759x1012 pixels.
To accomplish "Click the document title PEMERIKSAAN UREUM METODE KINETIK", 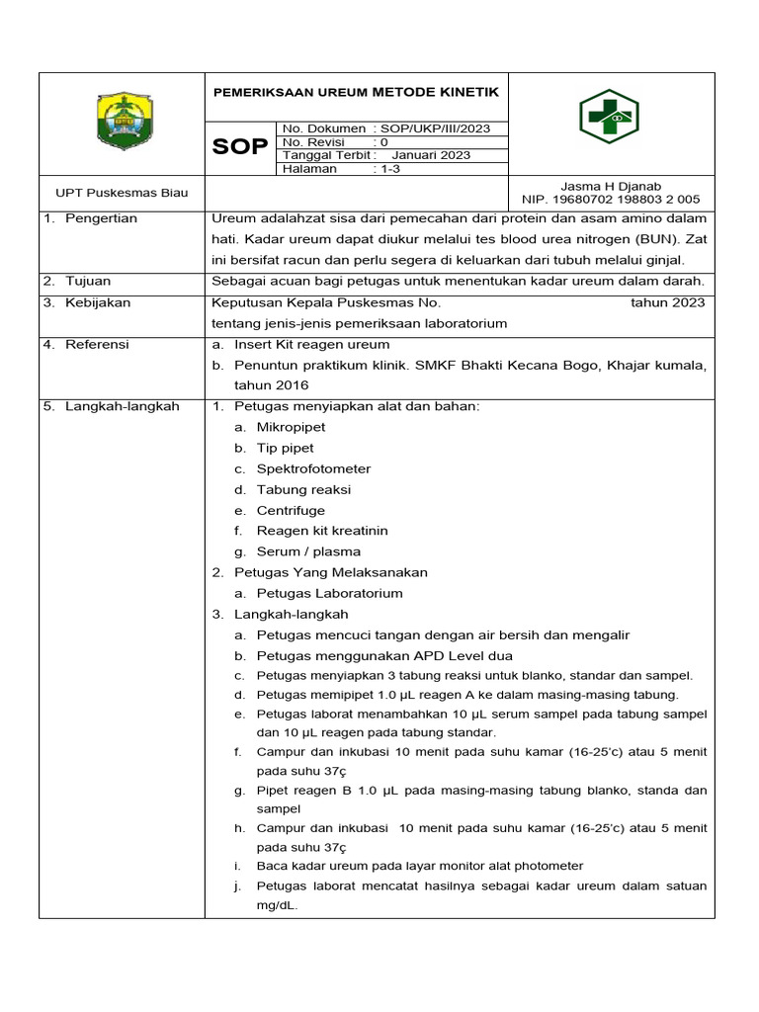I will tap(356, 92).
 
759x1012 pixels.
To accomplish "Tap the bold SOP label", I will tap(240, 147).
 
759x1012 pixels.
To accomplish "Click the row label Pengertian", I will tap(101, 218).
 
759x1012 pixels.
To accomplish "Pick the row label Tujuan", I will tap(88, 282).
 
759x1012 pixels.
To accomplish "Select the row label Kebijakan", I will tap(98, 302).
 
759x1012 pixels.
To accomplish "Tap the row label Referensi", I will tap(97, 344).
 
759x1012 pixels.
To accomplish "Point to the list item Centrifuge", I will tap(291, 510).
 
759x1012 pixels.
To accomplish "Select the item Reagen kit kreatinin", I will tap(322, 531).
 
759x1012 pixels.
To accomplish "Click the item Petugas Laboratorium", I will tap(329, 593).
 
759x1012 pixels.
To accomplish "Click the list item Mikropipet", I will tap(291, 427).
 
